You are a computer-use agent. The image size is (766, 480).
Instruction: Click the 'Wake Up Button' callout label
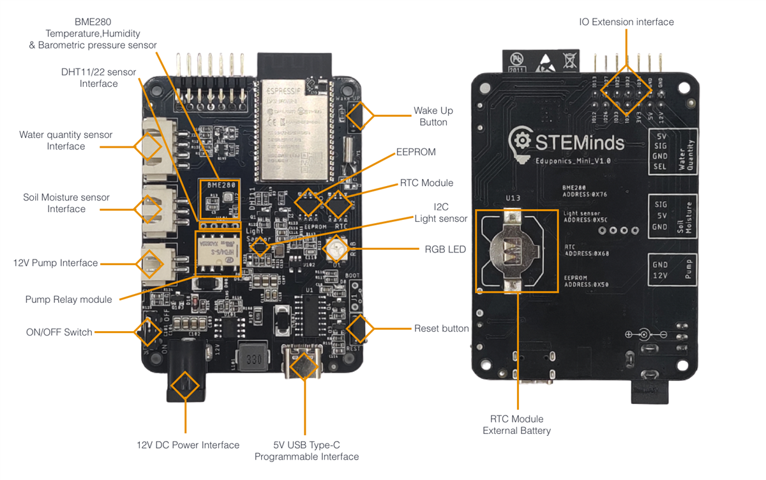[x=433, y=116]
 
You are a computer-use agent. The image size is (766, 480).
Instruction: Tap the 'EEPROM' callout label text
[x=416, y=152]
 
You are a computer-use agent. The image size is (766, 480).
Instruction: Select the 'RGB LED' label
[x=445, y=249]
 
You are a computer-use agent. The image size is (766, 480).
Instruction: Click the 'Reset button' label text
[x=441, y=329]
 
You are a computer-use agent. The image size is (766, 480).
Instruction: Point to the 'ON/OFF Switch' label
[x=59, y=332]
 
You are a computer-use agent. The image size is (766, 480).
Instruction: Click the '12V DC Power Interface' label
[x=188, y=445]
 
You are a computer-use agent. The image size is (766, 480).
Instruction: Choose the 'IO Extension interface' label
[x=626, y=22]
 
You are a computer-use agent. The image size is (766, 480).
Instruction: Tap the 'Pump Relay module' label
[x=68, y=299]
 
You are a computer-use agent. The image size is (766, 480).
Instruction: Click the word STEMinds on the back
[x=579, y=141]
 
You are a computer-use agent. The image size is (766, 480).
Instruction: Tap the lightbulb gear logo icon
[x=522, y=141]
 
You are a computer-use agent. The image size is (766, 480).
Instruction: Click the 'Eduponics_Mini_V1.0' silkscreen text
[x=572, y=161]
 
